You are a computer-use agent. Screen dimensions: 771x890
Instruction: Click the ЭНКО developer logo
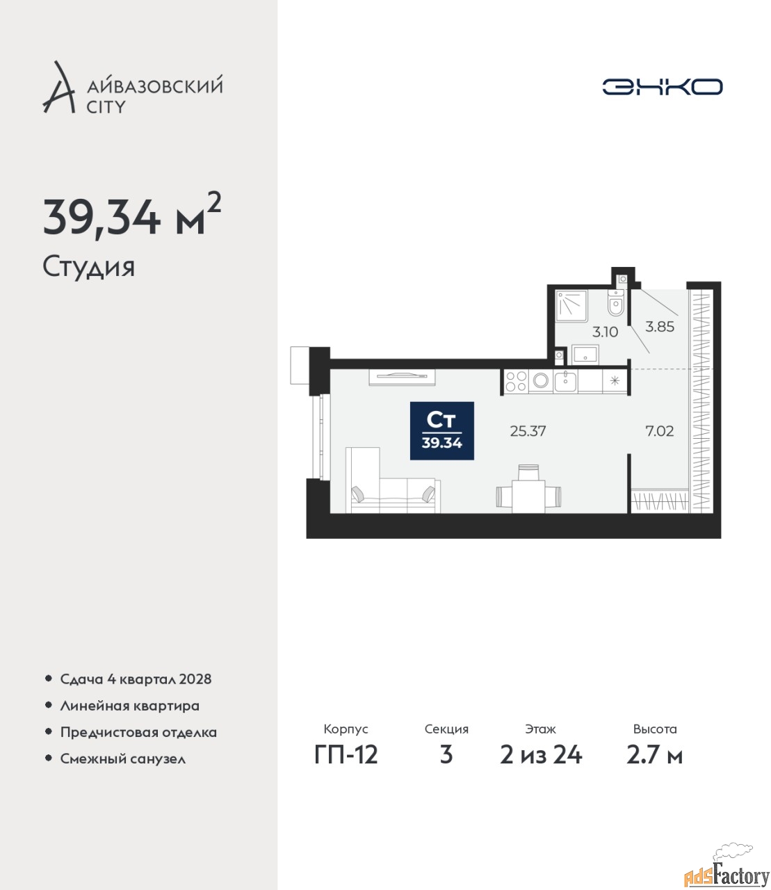662,86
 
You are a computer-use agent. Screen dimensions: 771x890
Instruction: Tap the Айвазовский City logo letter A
58,88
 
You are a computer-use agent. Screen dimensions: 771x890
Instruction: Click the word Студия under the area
89,267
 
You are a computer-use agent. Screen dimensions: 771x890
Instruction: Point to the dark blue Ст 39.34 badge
441,431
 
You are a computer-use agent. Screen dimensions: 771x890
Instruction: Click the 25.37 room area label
528,431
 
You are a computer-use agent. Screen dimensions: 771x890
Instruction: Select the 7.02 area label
660,431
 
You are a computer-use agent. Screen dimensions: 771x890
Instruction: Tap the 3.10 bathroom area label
605,332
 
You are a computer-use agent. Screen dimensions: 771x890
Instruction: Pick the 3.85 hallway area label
660,327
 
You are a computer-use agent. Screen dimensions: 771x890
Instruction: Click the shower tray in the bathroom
571,306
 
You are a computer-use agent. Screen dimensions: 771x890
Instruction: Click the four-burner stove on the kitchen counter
516,380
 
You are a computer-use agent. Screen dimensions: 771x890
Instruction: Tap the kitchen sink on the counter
565,381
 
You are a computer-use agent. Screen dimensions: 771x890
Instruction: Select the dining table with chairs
528,492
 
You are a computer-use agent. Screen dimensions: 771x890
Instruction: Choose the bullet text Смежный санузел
123,759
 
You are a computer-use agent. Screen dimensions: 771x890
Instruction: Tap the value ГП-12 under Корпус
346,755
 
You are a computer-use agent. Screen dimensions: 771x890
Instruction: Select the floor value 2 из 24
541,755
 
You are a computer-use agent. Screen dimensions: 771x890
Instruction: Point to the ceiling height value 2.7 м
654,755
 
